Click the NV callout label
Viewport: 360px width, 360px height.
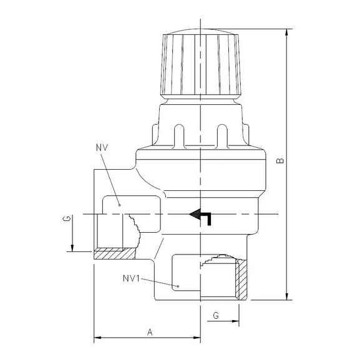click(x=103, y=147)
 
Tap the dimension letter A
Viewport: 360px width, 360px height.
click(x=150, y=332)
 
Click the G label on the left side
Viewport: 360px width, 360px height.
click(x=64, y=219)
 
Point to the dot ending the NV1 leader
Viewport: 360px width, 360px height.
click(x=178, y=286)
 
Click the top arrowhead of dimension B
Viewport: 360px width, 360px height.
click(x=287, y=32)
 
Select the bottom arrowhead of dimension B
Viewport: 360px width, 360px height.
click(x=287, y=296)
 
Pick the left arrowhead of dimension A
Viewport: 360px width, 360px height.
click(x=97, y=339)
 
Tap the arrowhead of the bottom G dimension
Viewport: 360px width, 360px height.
click(x=236, y=323)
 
